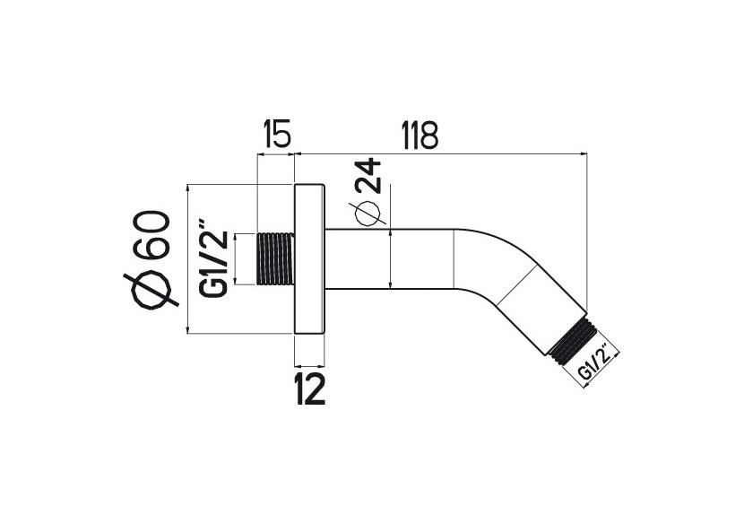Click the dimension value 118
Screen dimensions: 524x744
tap(419, 136)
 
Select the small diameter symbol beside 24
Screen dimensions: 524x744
tap(368, 214)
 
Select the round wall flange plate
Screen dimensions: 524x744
tap(309, 260)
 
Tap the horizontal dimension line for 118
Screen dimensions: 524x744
tap(439, 153)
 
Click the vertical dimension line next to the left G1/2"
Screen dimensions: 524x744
tap(235, 260)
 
